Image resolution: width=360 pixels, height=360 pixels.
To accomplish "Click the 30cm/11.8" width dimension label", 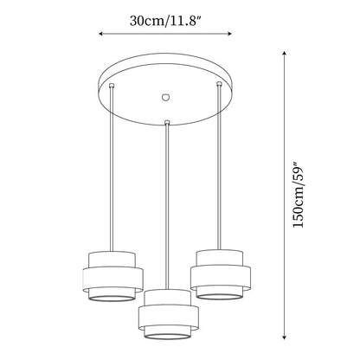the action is tap(165, 21).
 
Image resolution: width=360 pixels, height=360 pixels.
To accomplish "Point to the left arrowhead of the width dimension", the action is tap(101, 34).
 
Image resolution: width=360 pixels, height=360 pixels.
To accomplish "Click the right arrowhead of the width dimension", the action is tap(229, 34).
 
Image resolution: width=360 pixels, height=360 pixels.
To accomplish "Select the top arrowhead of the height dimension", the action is tap(285, 54).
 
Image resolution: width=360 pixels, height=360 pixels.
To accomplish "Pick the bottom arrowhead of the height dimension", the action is tap(285, 337).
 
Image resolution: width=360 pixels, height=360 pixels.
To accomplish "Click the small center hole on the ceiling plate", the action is tap(165, 97).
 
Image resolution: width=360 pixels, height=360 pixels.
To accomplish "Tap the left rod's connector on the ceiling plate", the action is tap(112, 85).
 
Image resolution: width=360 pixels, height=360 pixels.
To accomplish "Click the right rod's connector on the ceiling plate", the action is tap(219, 84).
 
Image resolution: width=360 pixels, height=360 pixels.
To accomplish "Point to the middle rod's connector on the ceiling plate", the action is tap(167, 123).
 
